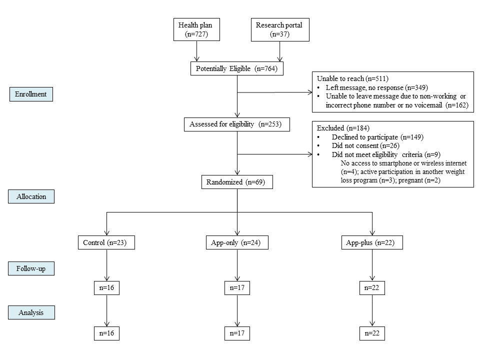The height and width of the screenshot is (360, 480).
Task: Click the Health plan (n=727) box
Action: coord(196,29)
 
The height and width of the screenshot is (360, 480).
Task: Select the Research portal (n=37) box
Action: coord(280,29)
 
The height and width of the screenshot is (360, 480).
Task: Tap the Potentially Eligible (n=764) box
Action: coord(236,68)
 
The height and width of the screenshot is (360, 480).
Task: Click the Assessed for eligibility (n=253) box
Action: coord(236,124)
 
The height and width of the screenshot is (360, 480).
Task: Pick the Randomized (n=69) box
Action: coord(237,182)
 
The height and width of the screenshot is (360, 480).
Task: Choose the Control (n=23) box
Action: coord(106,242)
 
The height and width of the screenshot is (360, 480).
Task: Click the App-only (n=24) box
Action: coord(237,242)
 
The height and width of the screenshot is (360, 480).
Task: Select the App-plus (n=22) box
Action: coord(372,242)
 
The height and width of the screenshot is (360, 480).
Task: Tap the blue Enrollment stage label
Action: coord(31,94)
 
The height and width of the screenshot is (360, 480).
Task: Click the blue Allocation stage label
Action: coord(31,196)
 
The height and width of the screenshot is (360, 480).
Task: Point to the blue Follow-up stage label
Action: coord(31,268)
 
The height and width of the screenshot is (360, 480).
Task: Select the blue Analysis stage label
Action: coord(31,312)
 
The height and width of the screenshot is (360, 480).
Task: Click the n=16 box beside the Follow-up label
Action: coord(106,288)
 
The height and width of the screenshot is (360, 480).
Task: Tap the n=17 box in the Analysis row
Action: coord(237,333)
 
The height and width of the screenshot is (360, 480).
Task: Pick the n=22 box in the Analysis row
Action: coord(372,333)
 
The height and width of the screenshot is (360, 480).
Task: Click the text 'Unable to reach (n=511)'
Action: coord(352,78)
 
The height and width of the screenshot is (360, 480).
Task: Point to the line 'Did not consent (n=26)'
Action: coord(365,145)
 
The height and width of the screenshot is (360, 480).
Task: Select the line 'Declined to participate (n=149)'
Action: coord(377,137)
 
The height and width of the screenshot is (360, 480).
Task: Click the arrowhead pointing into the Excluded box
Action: coord(310,154)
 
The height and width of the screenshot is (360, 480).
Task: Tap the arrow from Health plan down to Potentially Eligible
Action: coord(197,51)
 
